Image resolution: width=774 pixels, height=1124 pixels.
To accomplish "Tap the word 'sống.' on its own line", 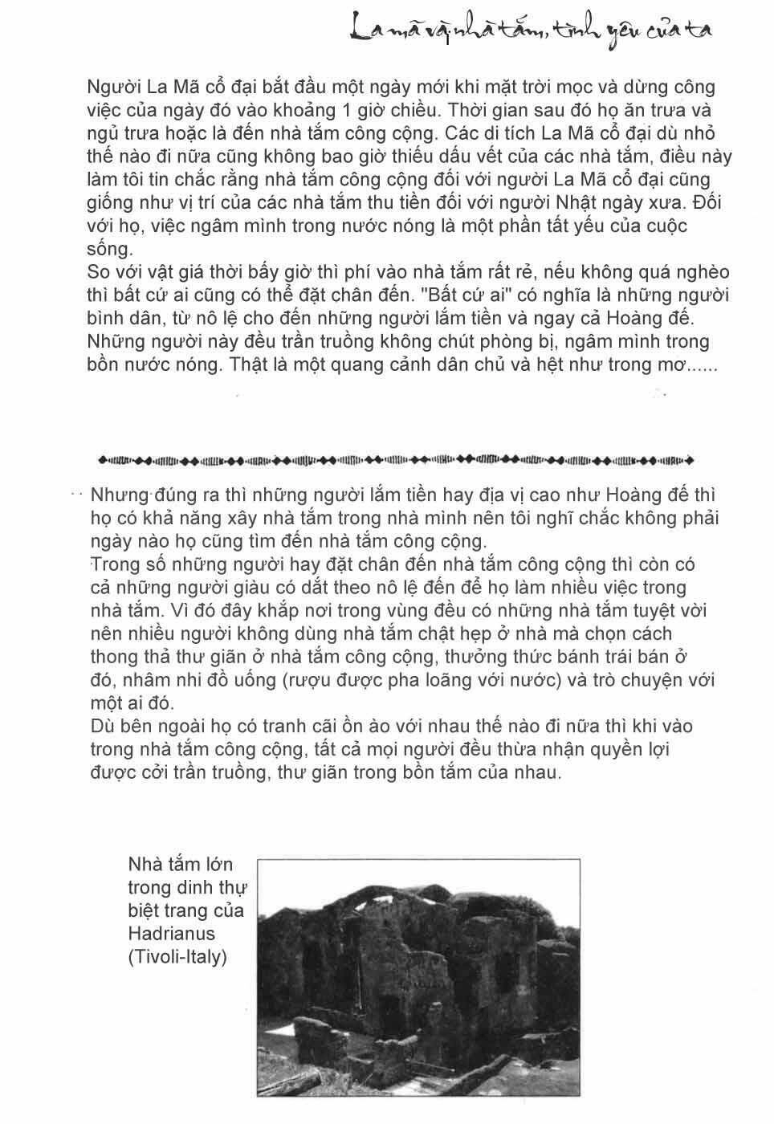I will point(108,249).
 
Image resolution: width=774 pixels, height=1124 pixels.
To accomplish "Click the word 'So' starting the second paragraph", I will point(97,272).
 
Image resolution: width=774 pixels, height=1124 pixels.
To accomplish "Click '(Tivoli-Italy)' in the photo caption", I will point(177,957).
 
